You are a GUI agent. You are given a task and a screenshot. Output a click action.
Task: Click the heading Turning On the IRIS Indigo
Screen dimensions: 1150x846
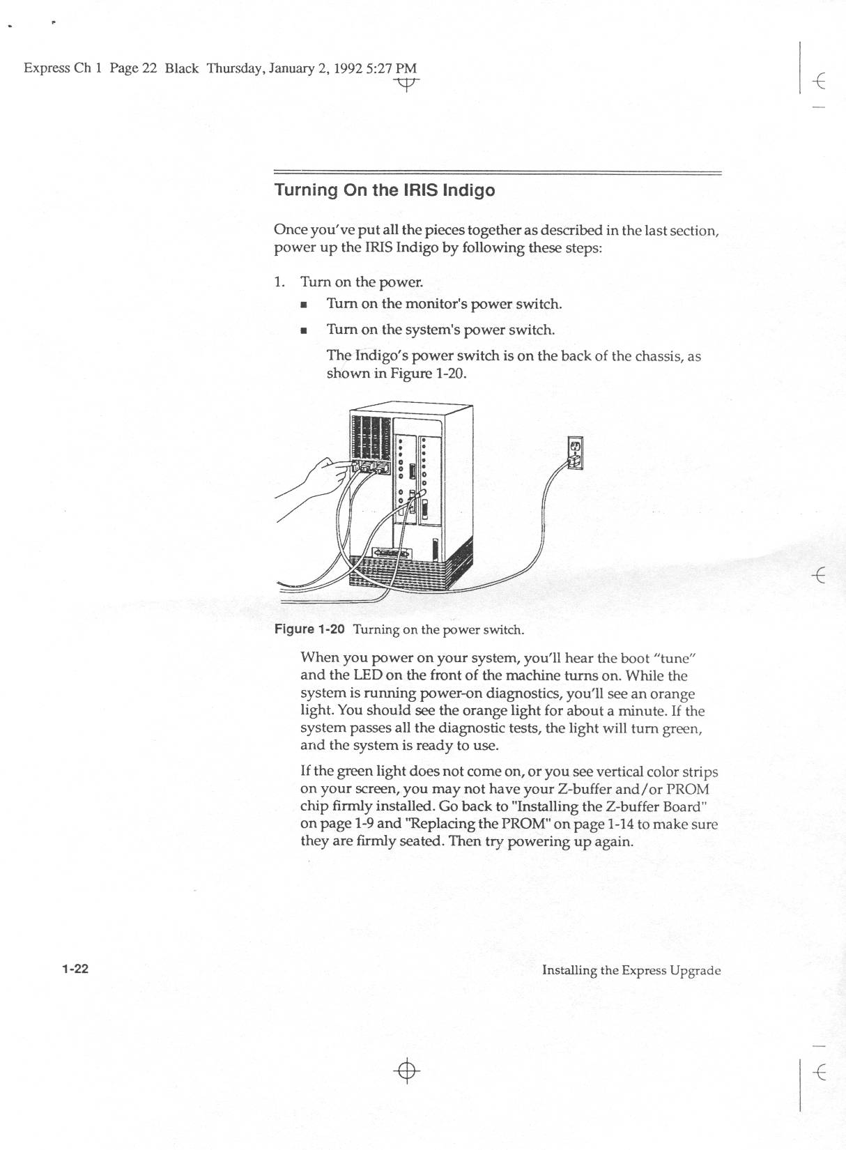(385, 190)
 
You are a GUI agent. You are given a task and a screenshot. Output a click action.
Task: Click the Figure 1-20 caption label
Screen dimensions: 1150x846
(310, 629)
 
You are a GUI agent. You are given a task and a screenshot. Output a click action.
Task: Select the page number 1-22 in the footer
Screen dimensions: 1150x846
(75, 969)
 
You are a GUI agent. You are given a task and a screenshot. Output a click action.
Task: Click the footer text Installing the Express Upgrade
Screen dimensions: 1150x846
(631, 970)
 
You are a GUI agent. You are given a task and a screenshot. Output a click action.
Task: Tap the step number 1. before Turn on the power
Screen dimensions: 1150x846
(279, 282)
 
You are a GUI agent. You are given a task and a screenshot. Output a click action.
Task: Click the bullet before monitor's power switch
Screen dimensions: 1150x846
(303, 305)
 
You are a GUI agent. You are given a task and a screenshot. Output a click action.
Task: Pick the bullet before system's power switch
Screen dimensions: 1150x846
(303, 330)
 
